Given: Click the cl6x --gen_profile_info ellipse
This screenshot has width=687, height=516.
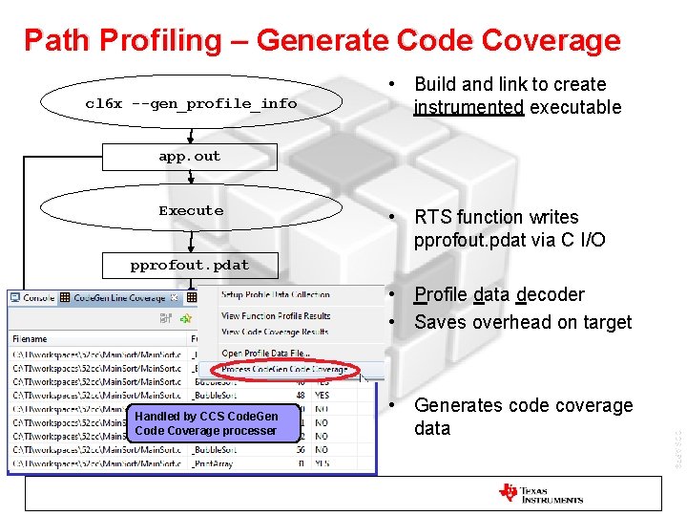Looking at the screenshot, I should [191, 103].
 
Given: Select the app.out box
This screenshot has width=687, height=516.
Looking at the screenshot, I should [189, 157].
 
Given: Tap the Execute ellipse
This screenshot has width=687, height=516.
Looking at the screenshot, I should [191, 210].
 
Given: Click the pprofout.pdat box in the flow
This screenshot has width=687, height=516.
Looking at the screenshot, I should [189, 265].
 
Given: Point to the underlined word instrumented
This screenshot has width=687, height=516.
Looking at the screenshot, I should [468, 108].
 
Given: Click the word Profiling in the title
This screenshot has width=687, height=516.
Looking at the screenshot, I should [121, 41].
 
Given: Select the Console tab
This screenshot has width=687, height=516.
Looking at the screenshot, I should [37, 298].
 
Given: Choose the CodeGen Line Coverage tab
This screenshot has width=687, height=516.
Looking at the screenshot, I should [119, 298].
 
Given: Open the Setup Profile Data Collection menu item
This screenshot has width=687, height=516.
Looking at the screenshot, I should [275, 295].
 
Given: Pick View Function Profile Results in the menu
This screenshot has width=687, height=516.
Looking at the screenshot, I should [275, 315].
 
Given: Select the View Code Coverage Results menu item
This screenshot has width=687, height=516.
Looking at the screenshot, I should [275, 332].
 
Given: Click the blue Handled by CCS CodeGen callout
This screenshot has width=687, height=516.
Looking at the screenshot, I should [206, 423].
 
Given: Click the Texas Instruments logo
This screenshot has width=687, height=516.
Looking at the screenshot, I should [540, 493].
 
